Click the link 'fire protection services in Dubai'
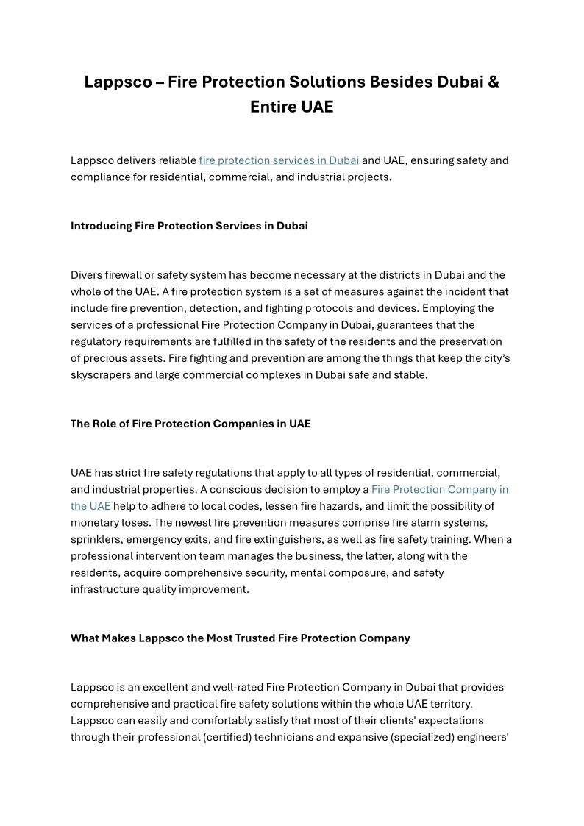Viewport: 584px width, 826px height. coord(279,160)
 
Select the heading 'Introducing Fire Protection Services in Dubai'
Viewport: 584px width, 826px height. coord(189,226)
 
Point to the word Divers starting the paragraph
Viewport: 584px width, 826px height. coord(86,275)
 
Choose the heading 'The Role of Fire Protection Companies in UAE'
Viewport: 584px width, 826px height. coord(190,424)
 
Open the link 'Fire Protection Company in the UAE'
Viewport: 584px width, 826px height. coord(439,490)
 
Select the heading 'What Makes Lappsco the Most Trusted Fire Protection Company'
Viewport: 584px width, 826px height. coord(240,638)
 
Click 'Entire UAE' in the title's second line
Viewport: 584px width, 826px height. coord(291,107)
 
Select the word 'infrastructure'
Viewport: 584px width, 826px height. coord(104,589)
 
